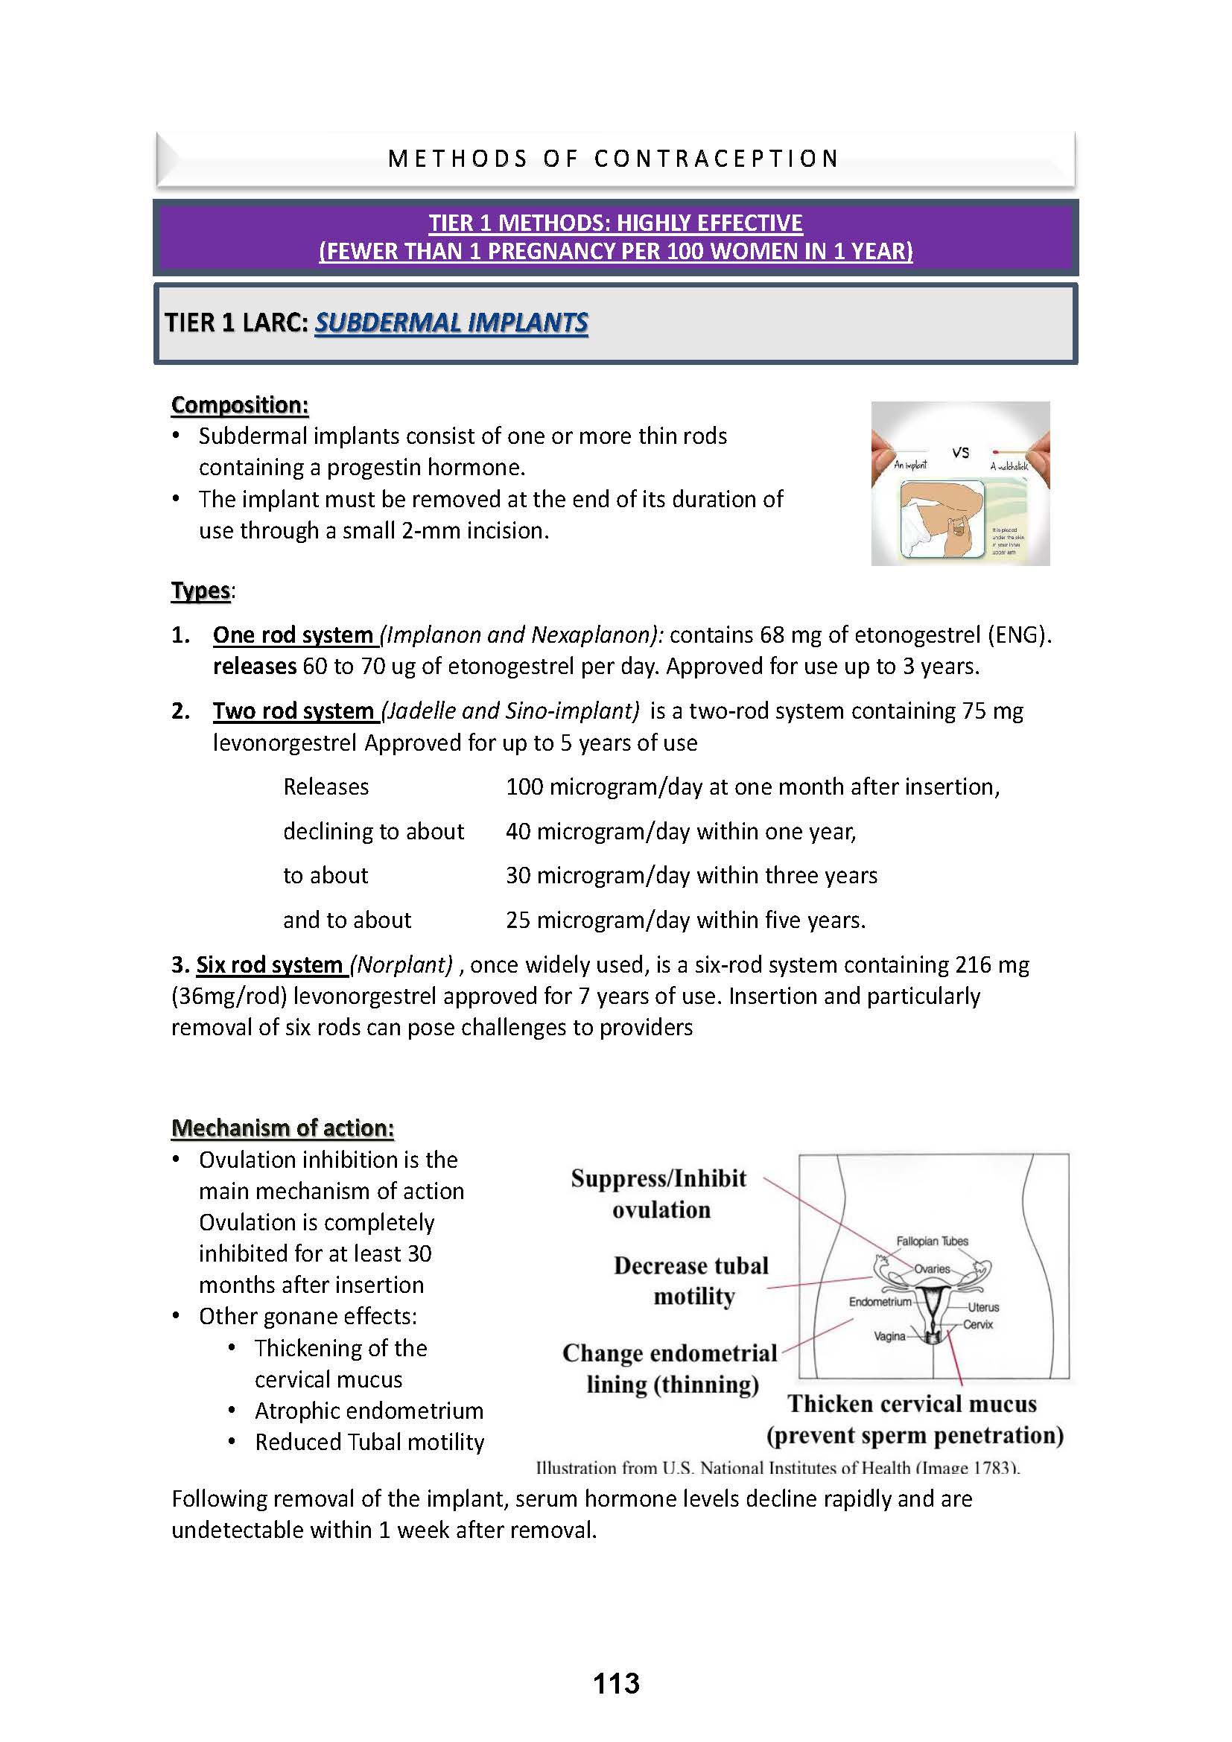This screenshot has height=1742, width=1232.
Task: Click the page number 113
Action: [x=616, y=1684]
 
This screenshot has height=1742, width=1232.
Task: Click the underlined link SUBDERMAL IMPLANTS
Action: [x=451, y=323]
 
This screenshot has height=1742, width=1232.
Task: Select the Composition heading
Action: [x=240, y=405]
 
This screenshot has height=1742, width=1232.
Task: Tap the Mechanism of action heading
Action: [x=282, y=1128]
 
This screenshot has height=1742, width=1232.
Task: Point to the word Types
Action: [x=200, y=591]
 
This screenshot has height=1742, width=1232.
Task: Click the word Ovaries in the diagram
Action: [x=932, y=1268]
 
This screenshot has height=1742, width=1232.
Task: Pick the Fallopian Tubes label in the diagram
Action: [x=933, y=1242]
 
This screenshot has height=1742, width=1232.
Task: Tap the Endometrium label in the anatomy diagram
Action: [x=880, y=1302]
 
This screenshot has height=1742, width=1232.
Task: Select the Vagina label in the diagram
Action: [x=889, y=1336]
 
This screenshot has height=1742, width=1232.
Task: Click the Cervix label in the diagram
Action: [x=978, y=1324]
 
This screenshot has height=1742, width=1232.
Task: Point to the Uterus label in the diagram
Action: [x=983, y=1307]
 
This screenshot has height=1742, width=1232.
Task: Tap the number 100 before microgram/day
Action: [x=524, y=786]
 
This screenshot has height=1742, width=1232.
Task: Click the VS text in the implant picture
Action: [x=960, y=453]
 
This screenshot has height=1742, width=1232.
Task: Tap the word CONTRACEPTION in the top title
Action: [x=716, y=159]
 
